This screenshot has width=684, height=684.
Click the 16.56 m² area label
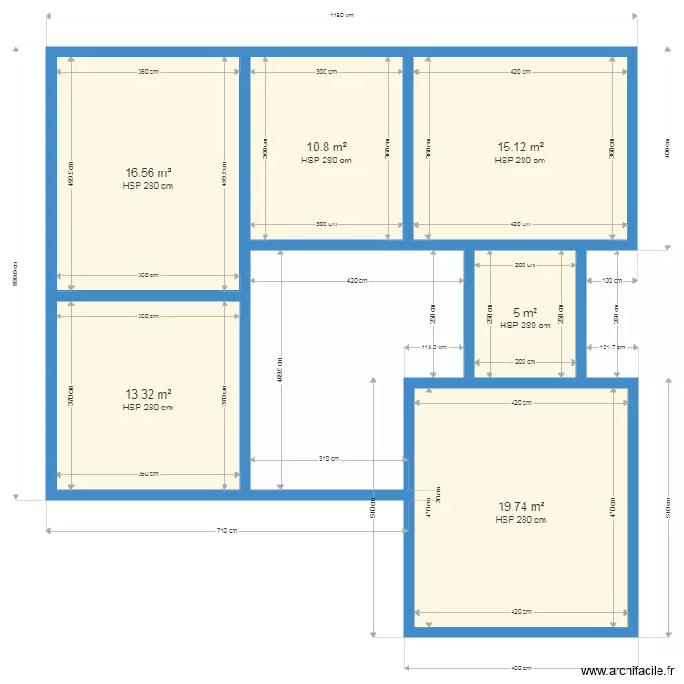[x=148, y=172]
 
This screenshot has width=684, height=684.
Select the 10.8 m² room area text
[x=326, y=147]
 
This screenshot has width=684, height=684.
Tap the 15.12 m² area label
[x=520, y=147]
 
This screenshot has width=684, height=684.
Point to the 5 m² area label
[x=525, y=313]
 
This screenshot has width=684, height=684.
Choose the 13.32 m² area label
[x=148, y=394]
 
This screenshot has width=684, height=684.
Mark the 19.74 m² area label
[x=521, y=506]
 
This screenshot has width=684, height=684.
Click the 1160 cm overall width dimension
[x=341, y=16]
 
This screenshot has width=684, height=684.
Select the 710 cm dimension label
[x=226, y=531]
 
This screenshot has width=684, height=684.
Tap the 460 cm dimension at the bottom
[x=521, y=668]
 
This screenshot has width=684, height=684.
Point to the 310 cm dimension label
[x=329, y=459]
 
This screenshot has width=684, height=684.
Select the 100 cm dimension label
[x=611, y=281]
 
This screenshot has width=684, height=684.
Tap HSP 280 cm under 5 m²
[x=525, y=325]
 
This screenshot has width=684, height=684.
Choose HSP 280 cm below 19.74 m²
[x=521, y=520]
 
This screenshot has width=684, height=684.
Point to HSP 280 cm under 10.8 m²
[x=326, y=161]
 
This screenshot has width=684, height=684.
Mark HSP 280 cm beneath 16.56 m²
[x=148, y=185]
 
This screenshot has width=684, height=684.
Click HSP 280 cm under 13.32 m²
[x=148, y=408]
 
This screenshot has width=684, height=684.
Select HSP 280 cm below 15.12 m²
[x=520, y=161]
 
